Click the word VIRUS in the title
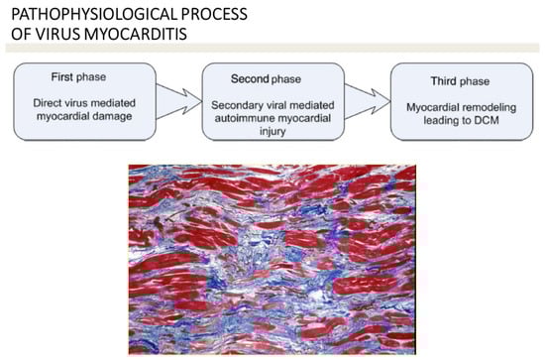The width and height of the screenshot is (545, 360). [45, 36]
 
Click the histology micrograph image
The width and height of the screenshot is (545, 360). [272, 256]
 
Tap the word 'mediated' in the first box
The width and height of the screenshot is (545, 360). [112, 102]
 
